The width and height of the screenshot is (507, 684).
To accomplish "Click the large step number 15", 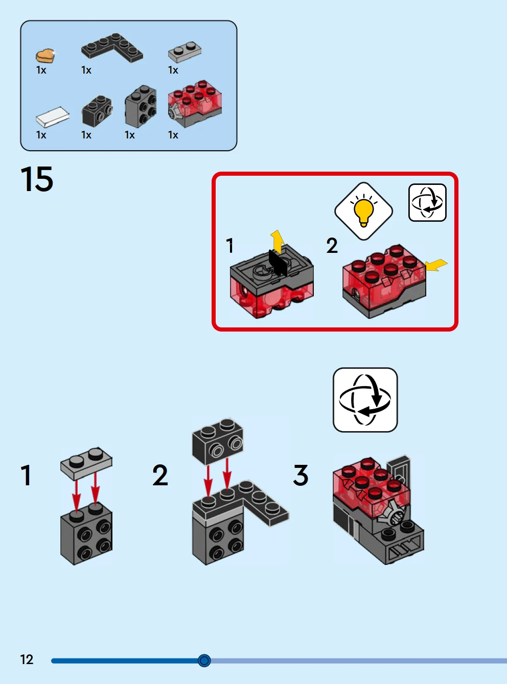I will tap(37, 179).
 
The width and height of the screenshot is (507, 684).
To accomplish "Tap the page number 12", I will tap(27, 659).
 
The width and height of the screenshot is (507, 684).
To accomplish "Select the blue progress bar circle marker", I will tap(204, 661).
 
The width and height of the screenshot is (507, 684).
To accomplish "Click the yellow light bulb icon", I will tap(363, 211).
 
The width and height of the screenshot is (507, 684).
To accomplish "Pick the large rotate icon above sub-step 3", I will tap(365, 399).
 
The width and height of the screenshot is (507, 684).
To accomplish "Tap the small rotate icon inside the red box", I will tap(427, 203).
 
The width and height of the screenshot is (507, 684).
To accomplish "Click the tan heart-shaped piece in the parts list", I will tap(45, 55).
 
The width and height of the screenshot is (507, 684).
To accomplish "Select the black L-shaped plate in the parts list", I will tap(112, 48).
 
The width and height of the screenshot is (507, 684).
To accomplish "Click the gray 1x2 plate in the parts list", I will tap(185, 51).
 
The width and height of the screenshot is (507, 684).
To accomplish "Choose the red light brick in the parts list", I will tap(195, 103).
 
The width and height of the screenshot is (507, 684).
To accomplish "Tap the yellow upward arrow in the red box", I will tap(277, 241).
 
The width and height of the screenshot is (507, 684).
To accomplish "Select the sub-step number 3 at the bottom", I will tap(301, 475).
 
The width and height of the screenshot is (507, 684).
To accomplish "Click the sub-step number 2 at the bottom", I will tap(160, 475).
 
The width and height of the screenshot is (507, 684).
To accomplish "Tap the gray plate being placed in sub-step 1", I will tap(86, 462).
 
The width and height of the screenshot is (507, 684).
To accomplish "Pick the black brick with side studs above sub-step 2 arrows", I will tap(218, 440).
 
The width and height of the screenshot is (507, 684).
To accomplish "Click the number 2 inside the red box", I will tap(332, 246).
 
